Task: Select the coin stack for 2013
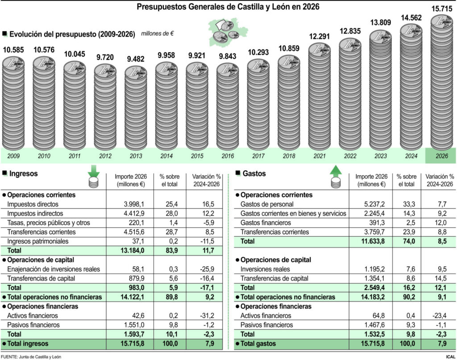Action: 136,109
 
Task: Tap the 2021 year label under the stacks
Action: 319,156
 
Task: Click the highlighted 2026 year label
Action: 441,156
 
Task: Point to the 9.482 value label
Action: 135,59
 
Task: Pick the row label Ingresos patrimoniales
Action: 38,241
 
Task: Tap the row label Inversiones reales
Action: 265,269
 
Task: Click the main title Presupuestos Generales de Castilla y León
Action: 228,7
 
